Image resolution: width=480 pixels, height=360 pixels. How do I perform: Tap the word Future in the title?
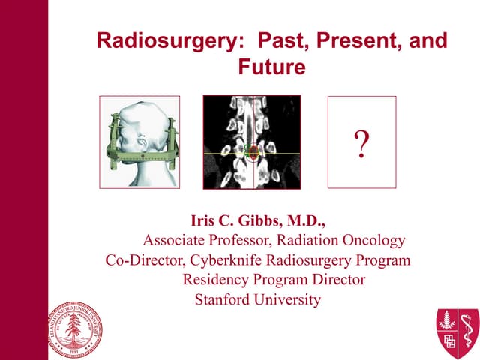pos(271,67)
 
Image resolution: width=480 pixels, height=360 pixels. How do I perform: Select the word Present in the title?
pos(346,40)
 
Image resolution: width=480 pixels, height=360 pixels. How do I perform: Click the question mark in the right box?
pos(361,143)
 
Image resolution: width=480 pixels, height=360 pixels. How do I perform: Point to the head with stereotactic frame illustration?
pos(139,142)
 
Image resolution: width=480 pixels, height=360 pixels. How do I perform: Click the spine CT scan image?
pos(252,142)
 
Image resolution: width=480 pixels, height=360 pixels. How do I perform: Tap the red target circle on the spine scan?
pos(253,153)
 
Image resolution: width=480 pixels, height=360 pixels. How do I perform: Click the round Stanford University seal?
pos(75,328)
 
